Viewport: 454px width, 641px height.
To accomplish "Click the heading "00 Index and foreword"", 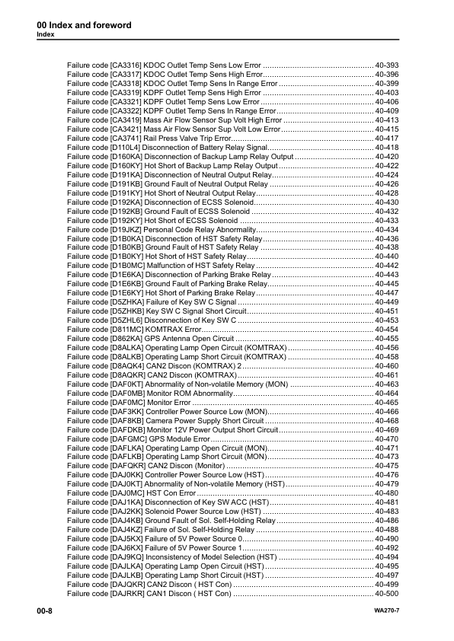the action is [x=84, y=26].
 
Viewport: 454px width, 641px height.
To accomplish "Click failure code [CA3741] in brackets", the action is [x=133, y=138].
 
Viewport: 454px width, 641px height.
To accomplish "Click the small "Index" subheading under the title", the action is [x=46, y=35].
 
